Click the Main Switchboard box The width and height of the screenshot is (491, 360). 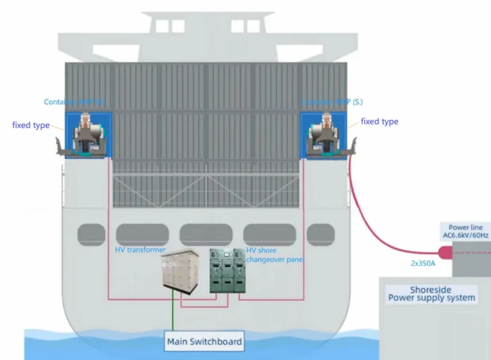point(205,341)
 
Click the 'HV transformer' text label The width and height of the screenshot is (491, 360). point(140,250)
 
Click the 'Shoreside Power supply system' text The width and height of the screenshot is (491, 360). point(433,293)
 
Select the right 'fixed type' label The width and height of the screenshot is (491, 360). point(380,121)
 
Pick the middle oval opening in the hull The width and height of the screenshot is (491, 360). point(206,235)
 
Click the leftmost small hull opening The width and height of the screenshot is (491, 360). point(91,235)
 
